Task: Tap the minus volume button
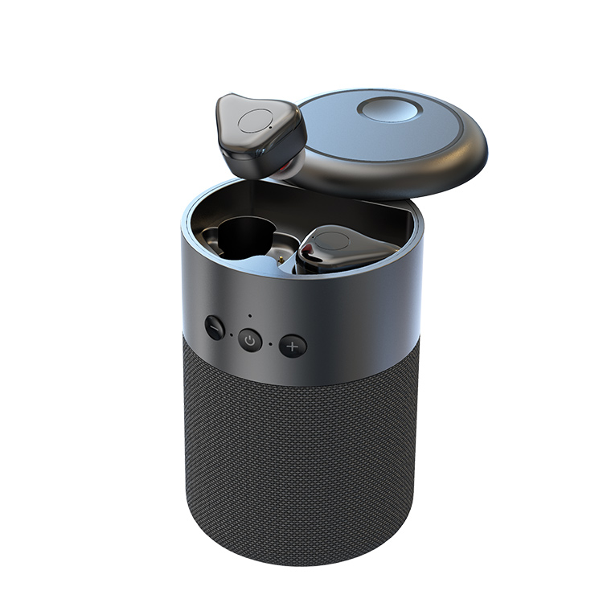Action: point(215,327)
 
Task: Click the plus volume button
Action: point(293,346)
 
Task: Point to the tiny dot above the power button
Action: point(250,317)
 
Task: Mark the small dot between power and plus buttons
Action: point(271,343)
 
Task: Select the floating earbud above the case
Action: point(260,135)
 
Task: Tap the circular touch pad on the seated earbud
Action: point(332,240)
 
